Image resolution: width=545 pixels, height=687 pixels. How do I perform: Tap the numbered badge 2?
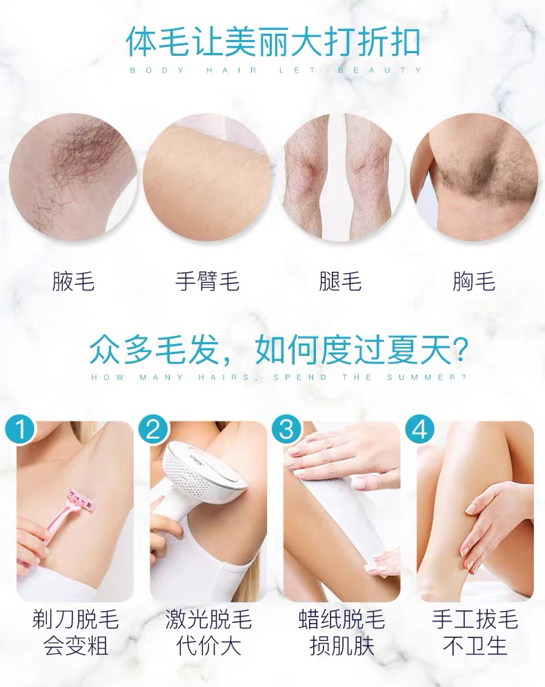pos(153,429)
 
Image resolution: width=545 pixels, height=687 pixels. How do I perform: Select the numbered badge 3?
pos(286,429)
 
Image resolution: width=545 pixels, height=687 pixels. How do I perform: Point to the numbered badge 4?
pos(419,429)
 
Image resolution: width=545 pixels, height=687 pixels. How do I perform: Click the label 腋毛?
pos(73,281)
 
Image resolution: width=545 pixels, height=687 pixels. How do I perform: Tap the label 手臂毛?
pos(207,281)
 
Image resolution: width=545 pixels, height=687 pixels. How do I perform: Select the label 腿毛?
pos(340,281)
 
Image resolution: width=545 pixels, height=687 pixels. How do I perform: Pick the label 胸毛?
pos(474,281)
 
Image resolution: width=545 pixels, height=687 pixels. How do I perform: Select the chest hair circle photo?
pos(475,176)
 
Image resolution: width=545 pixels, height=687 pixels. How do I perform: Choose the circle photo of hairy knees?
pos(340,176)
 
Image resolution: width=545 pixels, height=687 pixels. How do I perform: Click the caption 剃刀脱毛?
pos(75,619)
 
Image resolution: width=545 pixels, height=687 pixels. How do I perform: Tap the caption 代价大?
pos(208,646)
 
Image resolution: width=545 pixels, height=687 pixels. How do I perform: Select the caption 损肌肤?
pos(341,646)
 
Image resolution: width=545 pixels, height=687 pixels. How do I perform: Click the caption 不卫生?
pos(475,646)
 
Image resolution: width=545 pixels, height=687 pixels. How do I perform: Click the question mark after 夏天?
pos(459,350)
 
